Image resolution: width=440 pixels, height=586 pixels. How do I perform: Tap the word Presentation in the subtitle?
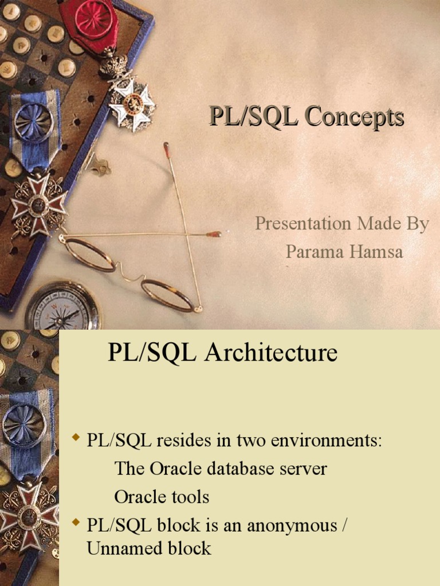click(x=304, y=224)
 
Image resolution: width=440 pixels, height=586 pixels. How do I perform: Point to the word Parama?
click(x=312, y=252)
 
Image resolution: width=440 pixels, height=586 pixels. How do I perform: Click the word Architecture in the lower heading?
click(x=271, y=353)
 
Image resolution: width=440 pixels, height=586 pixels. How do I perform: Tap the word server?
click(x=304, y=469)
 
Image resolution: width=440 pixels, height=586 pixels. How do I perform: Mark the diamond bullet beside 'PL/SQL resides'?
click(x=75, y=439)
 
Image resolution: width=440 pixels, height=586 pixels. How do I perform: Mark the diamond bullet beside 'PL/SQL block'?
click(x=75, y=522)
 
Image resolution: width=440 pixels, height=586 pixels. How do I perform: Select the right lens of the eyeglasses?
click(x=167, y=295)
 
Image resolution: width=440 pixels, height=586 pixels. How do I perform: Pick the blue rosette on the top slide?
click(x=33, y=122)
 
